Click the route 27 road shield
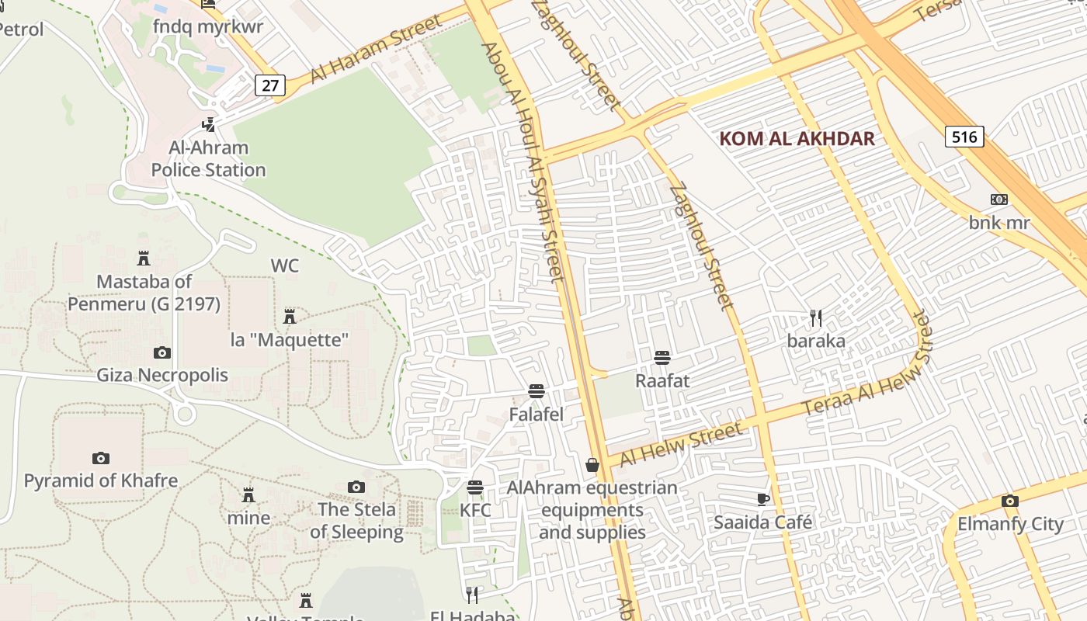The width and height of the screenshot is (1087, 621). coord(269,85)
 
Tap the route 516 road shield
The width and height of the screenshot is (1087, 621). coord(964,137)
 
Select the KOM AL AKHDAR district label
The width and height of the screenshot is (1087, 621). coord(797,139)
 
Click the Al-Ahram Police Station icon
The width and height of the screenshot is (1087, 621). coord(208,124)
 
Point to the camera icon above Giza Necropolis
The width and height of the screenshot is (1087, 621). coord(161,353)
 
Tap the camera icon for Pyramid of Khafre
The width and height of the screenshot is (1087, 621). coord(100,458)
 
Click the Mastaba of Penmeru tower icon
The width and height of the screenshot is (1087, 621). coord(143,258)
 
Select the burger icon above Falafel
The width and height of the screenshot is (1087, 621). coord(536,390)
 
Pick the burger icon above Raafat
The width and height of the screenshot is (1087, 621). coord(662,357)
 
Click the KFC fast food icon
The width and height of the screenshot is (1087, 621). coord(475,487)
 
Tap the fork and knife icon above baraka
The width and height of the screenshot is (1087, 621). coord(815,317)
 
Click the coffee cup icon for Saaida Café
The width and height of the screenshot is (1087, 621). coord(762,498)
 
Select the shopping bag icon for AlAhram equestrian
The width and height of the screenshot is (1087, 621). coord(592,465)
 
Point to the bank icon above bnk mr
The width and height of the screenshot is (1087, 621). coord(999,199)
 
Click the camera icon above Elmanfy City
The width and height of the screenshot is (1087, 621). coord(1009,501)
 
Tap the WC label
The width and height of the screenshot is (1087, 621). coord(284,265)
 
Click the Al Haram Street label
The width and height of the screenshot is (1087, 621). coord(376,48)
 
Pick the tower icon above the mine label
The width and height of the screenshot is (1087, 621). coord(248,494)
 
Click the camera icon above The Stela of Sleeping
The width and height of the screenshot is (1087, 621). coord(356,487)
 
